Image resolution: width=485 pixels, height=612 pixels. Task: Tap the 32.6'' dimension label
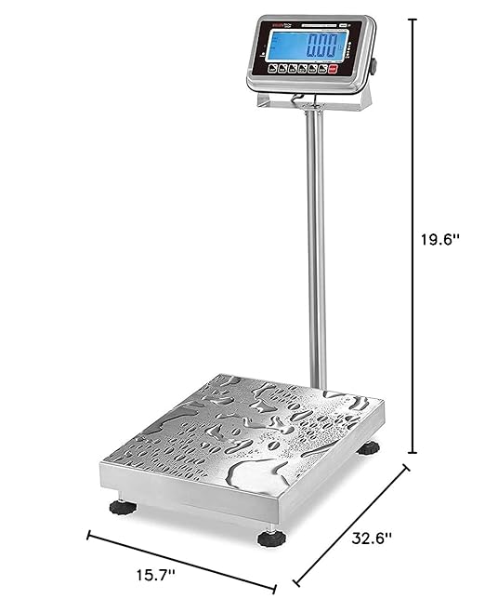pos(372,537)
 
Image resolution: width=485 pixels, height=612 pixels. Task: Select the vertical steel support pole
pos(317,251)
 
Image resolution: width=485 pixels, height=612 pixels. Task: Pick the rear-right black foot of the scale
pos(370,449)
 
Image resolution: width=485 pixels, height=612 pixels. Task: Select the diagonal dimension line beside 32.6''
pos(351,526)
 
